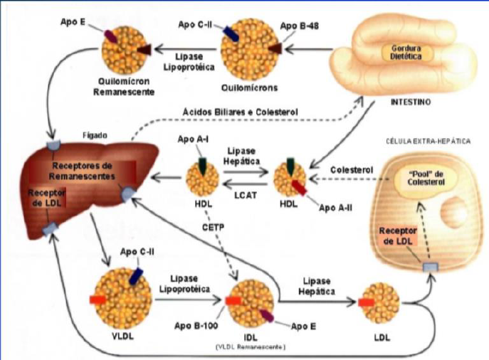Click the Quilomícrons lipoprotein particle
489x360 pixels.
[x=246, y=52]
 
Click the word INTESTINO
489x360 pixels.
[x=411, y=102]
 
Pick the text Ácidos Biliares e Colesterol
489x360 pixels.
[x=240, y=112]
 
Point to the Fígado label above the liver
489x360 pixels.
[x=94, y=134]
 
